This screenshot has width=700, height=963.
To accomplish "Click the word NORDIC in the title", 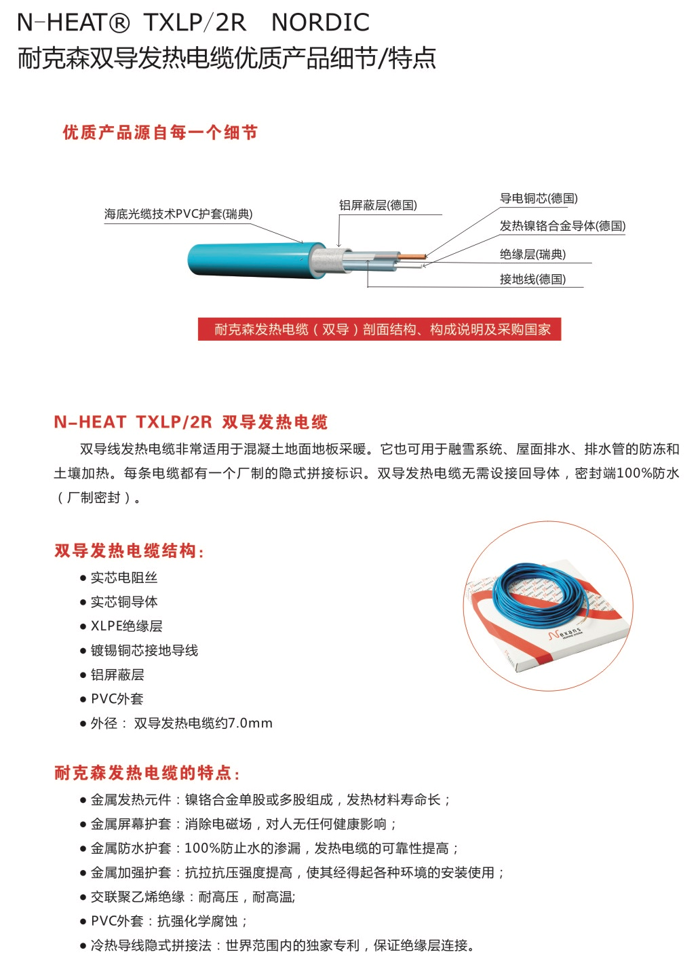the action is (320, 22).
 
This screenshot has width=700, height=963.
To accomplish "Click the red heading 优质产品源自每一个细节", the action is (160, 132).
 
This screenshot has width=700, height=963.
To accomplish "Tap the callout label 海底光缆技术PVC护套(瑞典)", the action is (178, 214).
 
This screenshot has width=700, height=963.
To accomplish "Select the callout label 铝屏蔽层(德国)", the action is (378, 205).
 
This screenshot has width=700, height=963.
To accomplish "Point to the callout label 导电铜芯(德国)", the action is (539, 198).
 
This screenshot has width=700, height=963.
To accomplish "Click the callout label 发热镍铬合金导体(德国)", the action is (562, 226).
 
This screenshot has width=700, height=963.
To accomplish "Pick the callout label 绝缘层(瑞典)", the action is (532, 254).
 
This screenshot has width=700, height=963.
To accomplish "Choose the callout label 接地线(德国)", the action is (532, 279).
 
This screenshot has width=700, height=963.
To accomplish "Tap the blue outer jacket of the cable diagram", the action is (254, 260).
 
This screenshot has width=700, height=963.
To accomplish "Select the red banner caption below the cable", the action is (379, 329).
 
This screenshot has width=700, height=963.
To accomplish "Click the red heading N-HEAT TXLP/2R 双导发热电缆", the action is (191, 421).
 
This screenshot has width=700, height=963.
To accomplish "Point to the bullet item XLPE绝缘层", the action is (126, 626).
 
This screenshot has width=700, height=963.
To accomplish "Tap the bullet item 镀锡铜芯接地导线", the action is (144, 650).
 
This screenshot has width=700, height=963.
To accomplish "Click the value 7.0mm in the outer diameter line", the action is (250, 723).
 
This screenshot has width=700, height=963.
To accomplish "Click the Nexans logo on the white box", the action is (565, 632).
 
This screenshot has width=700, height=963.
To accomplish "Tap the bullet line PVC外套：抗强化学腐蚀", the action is (169, 921).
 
